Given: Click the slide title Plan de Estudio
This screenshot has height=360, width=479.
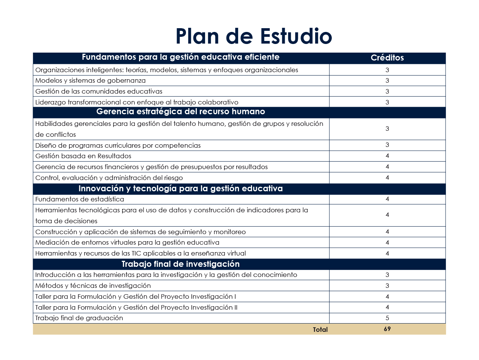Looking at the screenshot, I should pyautogui.click(x=254, y=36).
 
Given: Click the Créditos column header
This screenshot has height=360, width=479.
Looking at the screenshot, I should pyautogui.click(x=387, y=58).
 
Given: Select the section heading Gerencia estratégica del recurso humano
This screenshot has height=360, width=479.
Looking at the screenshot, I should pyautogui.click(x=181, y=112).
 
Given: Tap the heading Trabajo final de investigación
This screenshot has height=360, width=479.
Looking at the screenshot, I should pyautogui.click(x=181, y=264).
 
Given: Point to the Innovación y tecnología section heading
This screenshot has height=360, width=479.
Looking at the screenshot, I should pyautogui.click(x=181, y=189).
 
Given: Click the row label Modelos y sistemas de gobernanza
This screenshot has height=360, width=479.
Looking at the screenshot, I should pyautogui.click(x=91, y=80).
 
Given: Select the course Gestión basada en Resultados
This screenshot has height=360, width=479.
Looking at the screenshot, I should pyautogui.click(x=83, y=156).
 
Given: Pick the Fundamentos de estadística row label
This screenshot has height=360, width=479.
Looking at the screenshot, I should pyautogui.click(x=80, y=199).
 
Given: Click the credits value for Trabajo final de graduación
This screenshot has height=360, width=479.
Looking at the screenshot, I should pyautogui.click(x=387, y=318).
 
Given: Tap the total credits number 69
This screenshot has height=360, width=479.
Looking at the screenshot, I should pyautogui.click(x=387, y=329).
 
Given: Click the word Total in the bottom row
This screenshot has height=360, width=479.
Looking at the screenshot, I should pyautogui.click(x=320, y=330).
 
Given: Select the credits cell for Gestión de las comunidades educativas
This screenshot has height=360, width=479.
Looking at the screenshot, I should pyautogui.click(x=387, y=91).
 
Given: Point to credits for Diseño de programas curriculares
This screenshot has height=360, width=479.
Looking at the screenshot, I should pyautogui.click(x=387, y=145).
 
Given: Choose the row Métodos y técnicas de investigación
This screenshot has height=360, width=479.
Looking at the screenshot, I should pyautogui.click(x=93, y=286).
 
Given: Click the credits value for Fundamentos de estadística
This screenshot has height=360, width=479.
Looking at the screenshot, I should pyautogui.click(x=387, y=199).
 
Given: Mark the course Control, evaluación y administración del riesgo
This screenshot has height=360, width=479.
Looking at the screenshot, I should pyautogui.click(x=109, y=178).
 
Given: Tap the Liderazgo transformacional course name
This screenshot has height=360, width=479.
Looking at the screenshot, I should pyautogui.click(x=137, y=102).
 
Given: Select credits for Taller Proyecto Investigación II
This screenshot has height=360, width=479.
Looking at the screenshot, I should pyautogui.click(x=387, y=307).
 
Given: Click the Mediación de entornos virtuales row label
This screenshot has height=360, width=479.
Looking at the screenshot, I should pyautogui.click(x=127, y=242).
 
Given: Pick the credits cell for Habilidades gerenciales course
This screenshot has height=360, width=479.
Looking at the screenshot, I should pyautogui.click(x=387, y=129).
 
